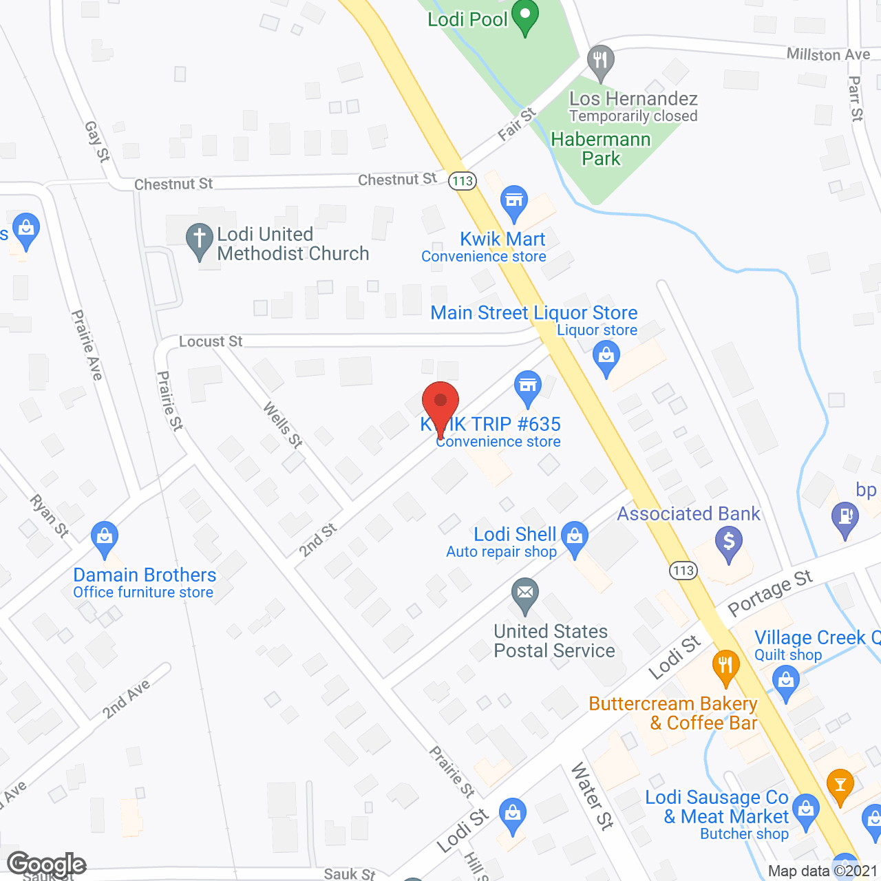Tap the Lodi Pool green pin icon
(526, 19)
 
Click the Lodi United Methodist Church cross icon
(200, 241)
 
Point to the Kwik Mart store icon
(514, 201)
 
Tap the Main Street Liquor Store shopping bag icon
(606, 358)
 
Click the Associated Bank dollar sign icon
(729, 542)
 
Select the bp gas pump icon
(845, 518)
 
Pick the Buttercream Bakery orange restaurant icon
(725, 666)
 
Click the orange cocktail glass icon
(840, 785)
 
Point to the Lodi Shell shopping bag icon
(575, 536)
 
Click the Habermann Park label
(601, 149)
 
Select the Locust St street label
(211, 341)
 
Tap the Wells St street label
(283, 425)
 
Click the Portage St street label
(769, 593)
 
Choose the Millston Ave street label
(828, 54)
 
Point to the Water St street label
(592, 796)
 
